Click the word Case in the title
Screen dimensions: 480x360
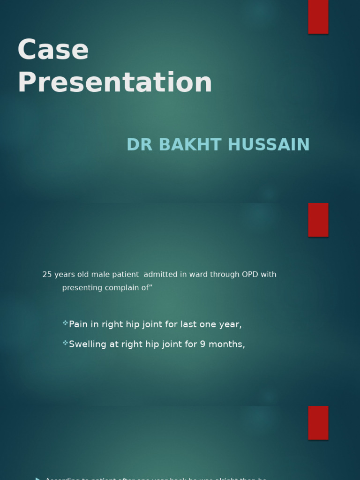coord(53,50)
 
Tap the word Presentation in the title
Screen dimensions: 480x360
coord(115,82)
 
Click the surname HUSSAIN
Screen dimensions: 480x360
coord(269,145)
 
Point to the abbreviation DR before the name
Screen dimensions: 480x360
coord(140,145)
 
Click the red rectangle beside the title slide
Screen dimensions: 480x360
coord(318,16)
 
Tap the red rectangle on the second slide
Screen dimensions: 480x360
coord(318,220)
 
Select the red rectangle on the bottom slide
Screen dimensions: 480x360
coord(318,422)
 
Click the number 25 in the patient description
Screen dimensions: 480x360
coord(47,275)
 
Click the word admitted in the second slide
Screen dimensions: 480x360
coord(161,275)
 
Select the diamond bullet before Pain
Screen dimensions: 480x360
coord(65,323)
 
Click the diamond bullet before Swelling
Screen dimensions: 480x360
coord(65,343)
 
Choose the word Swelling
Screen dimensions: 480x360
coord(88,345)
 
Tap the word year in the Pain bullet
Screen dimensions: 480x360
coord(230,325)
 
